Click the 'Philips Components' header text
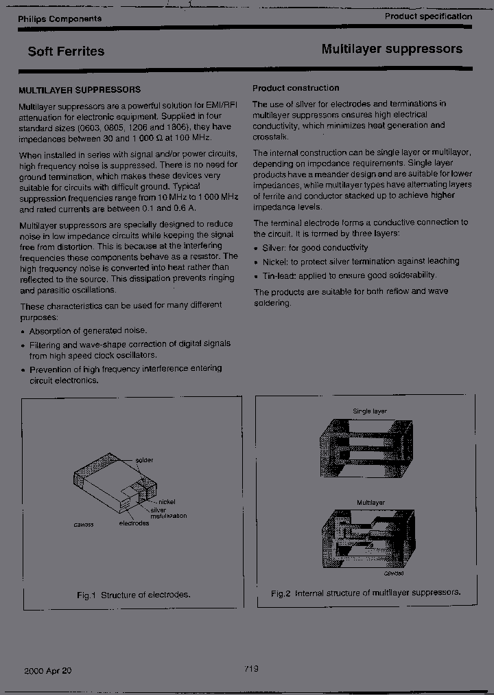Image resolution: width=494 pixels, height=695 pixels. [x=60, y=19]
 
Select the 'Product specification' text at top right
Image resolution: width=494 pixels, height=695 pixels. [x=427, y=16]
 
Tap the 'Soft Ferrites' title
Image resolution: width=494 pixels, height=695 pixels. [x=66, y=52]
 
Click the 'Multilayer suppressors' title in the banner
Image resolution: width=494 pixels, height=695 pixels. [x=392, y=49]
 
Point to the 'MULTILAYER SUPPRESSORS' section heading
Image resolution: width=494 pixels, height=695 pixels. [x=80, y=90]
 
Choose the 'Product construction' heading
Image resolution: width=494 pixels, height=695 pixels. [x=296, y=88]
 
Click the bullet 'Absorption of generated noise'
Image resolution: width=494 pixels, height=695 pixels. [x=88, y=330]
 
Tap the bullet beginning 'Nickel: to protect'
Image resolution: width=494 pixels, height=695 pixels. [x=360, y=262]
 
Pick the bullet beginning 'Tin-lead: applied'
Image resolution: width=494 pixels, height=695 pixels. [x=349, y=275]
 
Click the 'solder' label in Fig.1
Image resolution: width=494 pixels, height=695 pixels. [x=144, y=460]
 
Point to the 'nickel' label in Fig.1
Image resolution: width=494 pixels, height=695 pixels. [x=167, y=502]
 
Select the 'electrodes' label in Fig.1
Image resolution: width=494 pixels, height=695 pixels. [x=133, y=523]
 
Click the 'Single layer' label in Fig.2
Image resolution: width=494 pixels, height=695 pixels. [x=370, y=411]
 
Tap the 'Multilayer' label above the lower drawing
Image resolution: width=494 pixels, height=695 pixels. [x=370, y=502]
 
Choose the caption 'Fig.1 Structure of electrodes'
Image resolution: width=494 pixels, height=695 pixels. [x=133, y=595]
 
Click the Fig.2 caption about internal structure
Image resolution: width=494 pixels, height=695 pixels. [x=365, y=593]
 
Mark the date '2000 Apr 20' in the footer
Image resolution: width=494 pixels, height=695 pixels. [x=47, y=671]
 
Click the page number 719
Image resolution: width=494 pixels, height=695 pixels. [x=250, y=670]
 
